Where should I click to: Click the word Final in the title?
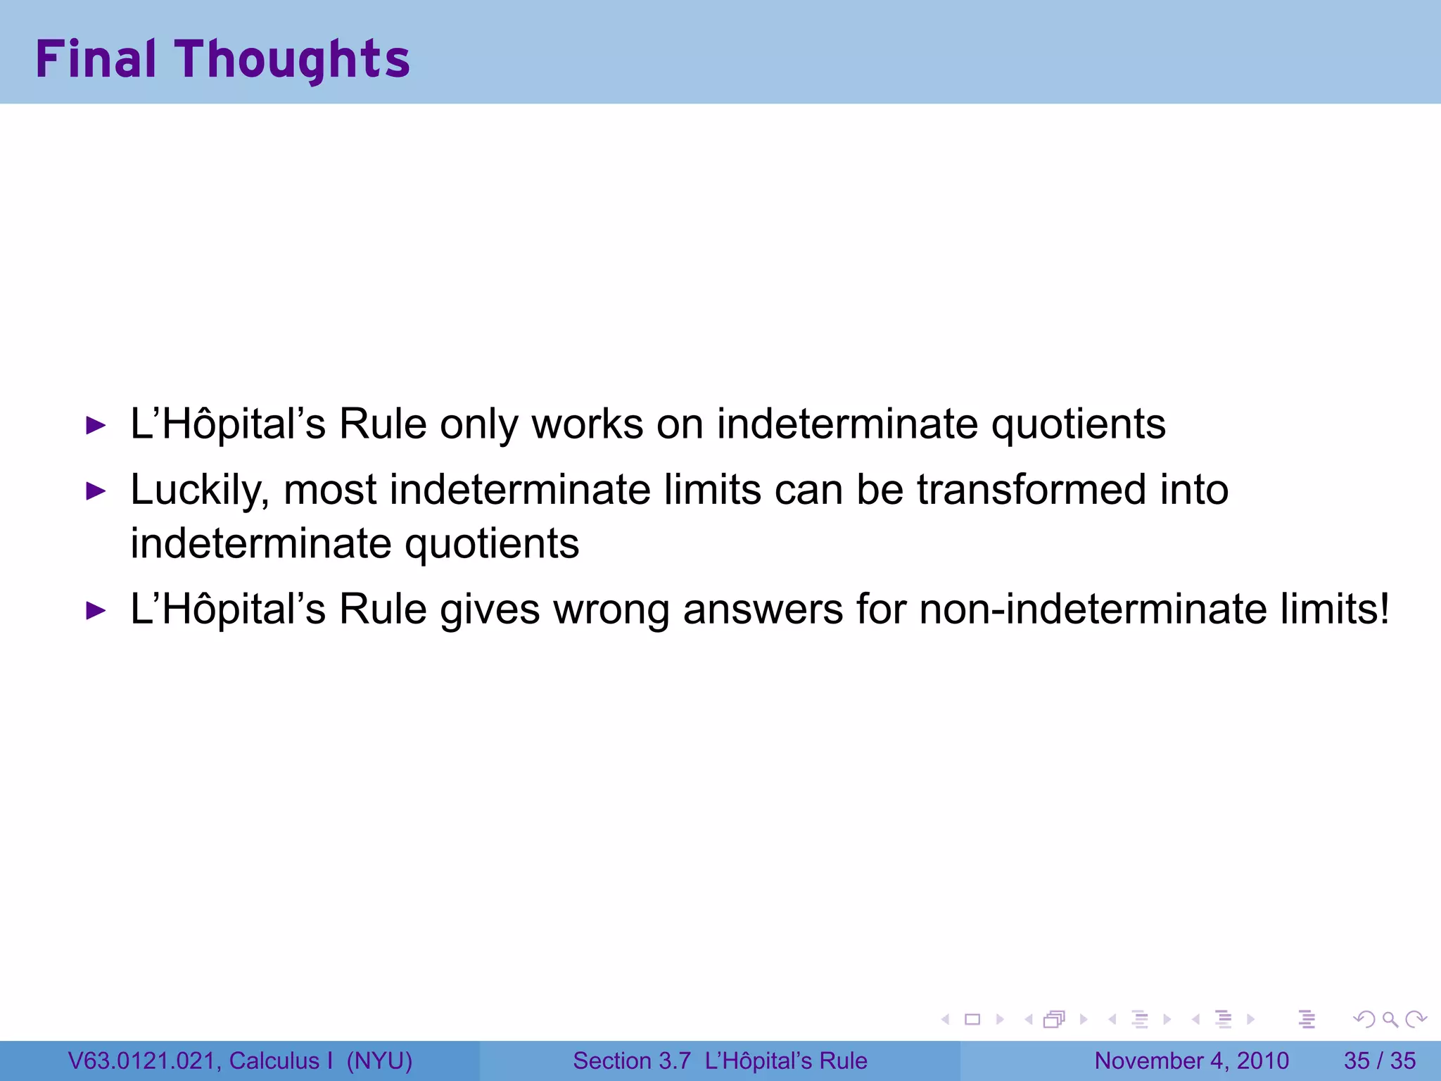tap(96, 59)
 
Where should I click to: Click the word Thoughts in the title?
tap(293, 61)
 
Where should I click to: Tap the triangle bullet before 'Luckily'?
tap(96, 491)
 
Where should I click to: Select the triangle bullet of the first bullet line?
tap(96, 425)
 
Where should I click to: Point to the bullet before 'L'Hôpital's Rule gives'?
tap(96, 610)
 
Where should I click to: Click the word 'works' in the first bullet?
tap(587, 424)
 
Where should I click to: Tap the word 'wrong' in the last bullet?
tap(611, 609)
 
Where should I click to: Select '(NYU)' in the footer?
tap(379, 1061)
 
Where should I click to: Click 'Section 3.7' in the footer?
tap(631, 1061)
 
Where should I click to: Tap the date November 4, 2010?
tap(1191, 1061)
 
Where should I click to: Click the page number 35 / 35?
tap(1379, 1061)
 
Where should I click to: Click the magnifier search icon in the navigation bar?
tap(1389, 1019)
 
